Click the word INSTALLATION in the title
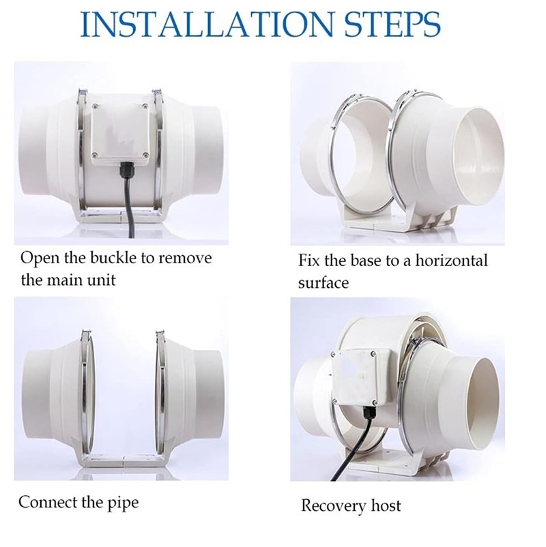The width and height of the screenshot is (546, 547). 207,24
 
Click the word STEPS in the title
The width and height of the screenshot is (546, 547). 392,24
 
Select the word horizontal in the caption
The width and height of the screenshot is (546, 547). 451,261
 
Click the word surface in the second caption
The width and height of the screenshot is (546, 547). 324,282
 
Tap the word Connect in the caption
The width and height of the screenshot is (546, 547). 48,503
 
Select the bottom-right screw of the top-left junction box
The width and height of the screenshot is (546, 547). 145,155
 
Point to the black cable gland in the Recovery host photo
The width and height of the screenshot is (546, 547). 369,413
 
